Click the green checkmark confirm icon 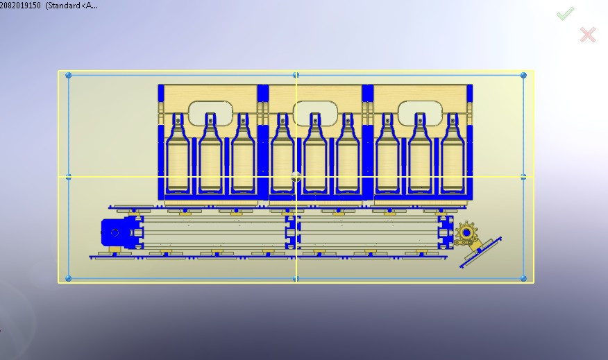pyautogui.click(x=565, y=13)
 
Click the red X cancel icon pyautogui.click(x=587, y=34)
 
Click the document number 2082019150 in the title pyautogui.click(x=20, y=5)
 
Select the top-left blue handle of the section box pyautogui.click(x=68, y=75)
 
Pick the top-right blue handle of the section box pyautogui.click(x=523, y=75)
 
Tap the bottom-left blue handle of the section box pyautogui.click(x=68, y=278)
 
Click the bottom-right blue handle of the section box pyautogui.click(x=523, y=278)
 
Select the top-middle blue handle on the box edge pyautogui.click(x=296, y=75)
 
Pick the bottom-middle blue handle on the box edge pyautogui.click(x=296, y=278)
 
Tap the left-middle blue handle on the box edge pyautogui.click(x=68, y=177)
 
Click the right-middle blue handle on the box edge pyautogui.click(x=523, y=177)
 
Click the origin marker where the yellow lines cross pyautogui.click(x=296, y=177)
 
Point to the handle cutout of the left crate pyautogui.click(x=210, y=111)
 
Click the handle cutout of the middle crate pyautogui.click(x=315, y=111)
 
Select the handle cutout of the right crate pyautogui.click(x=420, y=111)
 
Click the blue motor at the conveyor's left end pyautogui.click(x=115, y=232)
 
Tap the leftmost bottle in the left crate pyautogui.click(x=178, y=156)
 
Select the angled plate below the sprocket pyautogui.click(x=480, y=252)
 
